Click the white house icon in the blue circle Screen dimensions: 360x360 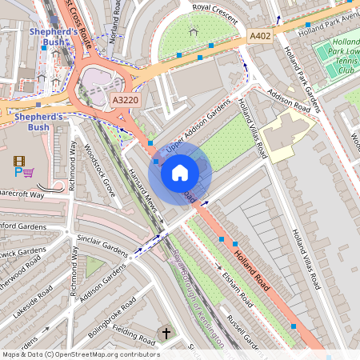click(x=180, y=172)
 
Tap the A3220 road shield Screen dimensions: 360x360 click(x=125, y=100)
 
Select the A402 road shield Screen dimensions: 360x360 click(x=260, y=36)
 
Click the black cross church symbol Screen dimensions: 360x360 click(x=166, y=333)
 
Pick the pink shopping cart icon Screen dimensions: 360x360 click(x=29, y=173)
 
